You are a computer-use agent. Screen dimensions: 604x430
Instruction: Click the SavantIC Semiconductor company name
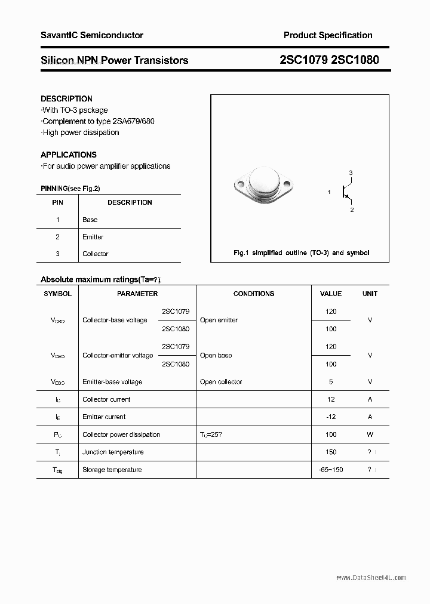(91, 35)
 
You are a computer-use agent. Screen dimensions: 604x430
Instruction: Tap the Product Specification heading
(328, 35)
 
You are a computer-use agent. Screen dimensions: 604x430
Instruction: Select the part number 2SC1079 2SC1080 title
(329, 60)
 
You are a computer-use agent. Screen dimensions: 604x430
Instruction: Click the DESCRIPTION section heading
(66, 98)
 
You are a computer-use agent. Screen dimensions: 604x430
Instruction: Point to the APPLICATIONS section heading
(68, 155)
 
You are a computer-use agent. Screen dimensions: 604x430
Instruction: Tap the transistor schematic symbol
(345, 192)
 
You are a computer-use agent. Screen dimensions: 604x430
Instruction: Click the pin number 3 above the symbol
(351, 173)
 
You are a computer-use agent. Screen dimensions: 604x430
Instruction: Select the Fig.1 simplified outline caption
(301, 252)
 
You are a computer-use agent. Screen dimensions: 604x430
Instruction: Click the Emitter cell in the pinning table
(93, 237)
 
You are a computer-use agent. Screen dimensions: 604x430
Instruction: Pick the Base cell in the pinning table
(90, 220)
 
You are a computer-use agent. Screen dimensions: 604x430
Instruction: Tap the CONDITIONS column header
(254, 294)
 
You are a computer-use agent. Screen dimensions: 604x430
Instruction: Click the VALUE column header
(331, 294)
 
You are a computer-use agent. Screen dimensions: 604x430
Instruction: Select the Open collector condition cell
(221, 381)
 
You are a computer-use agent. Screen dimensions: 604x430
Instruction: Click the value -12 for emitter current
(331, 417)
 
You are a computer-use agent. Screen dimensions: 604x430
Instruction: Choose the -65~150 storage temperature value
(331, 470)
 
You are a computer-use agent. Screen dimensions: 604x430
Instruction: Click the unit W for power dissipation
(370, 434)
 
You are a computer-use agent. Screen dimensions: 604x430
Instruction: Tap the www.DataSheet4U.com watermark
(371, 578)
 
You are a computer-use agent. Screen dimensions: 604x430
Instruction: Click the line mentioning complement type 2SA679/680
(98, 121)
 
